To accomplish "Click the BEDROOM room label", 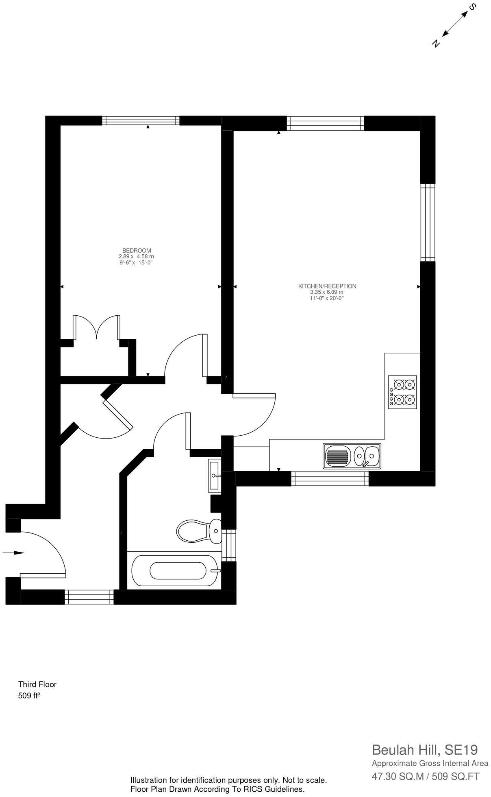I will [x=137, y=250].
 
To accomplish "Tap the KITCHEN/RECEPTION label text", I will [x=327, y=286].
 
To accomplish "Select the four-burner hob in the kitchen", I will [x=402, y=392].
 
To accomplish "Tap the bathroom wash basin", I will [x=214, y=474].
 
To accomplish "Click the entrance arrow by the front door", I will [x=13, y=552].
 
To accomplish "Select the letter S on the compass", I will [x=472, y=7].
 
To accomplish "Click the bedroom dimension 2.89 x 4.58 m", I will [x=136, y=257].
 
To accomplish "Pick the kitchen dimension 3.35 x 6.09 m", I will [x=327, y=292].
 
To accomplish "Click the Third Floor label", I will [x=37, y=684].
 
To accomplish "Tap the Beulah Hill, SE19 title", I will [x=425, y=749].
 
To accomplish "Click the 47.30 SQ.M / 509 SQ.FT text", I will [x=425, y=776].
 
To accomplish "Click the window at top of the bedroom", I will [x=140, y=120].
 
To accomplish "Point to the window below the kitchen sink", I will [x=330, y=478].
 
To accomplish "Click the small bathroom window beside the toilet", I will [x=228, y=545].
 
